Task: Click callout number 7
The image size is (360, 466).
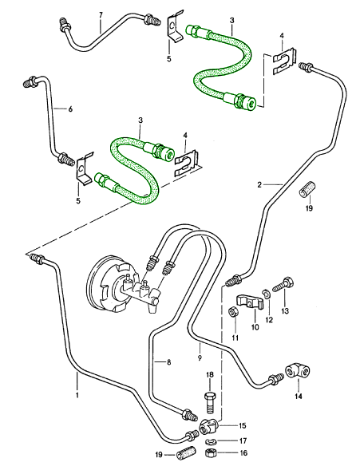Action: point(101,15)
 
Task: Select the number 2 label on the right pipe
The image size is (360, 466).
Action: point(259,184)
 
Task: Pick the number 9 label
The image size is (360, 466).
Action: point(200,348)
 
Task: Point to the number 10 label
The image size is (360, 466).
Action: point(255,327)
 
